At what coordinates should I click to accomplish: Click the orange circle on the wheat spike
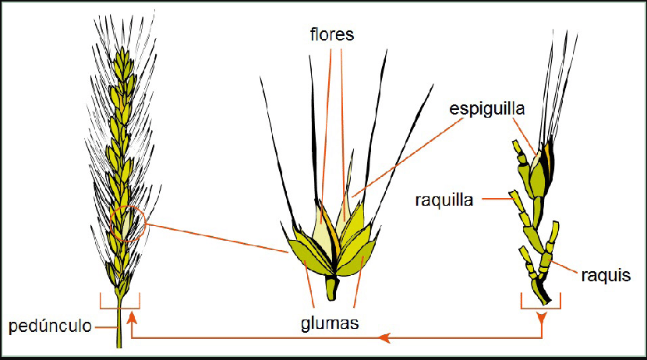128,222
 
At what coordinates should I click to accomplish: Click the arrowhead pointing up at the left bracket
133,315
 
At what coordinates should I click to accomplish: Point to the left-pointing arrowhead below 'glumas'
384,337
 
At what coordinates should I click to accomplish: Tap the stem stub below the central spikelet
332,289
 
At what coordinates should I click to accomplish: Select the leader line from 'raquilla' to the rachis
497,199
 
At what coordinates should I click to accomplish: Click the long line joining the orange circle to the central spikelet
218,238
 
